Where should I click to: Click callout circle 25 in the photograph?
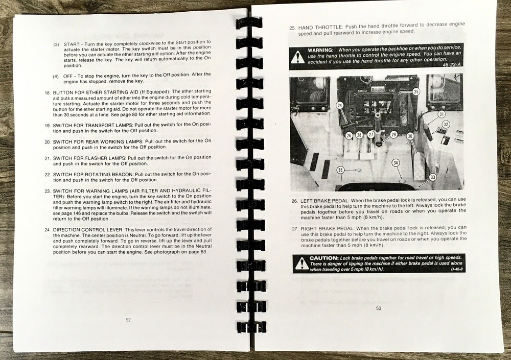pos(415,91)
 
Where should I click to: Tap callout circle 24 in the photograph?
pos(340,105)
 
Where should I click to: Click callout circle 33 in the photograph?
pos(433,177)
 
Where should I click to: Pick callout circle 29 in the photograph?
pos(393,134)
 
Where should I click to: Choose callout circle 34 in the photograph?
pos(395,163)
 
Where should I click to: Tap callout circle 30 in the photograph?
pos(409,136)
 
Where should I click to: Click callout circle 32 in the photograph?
pos(446,124)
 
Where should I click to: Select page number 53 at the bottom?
pos(379,308)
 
